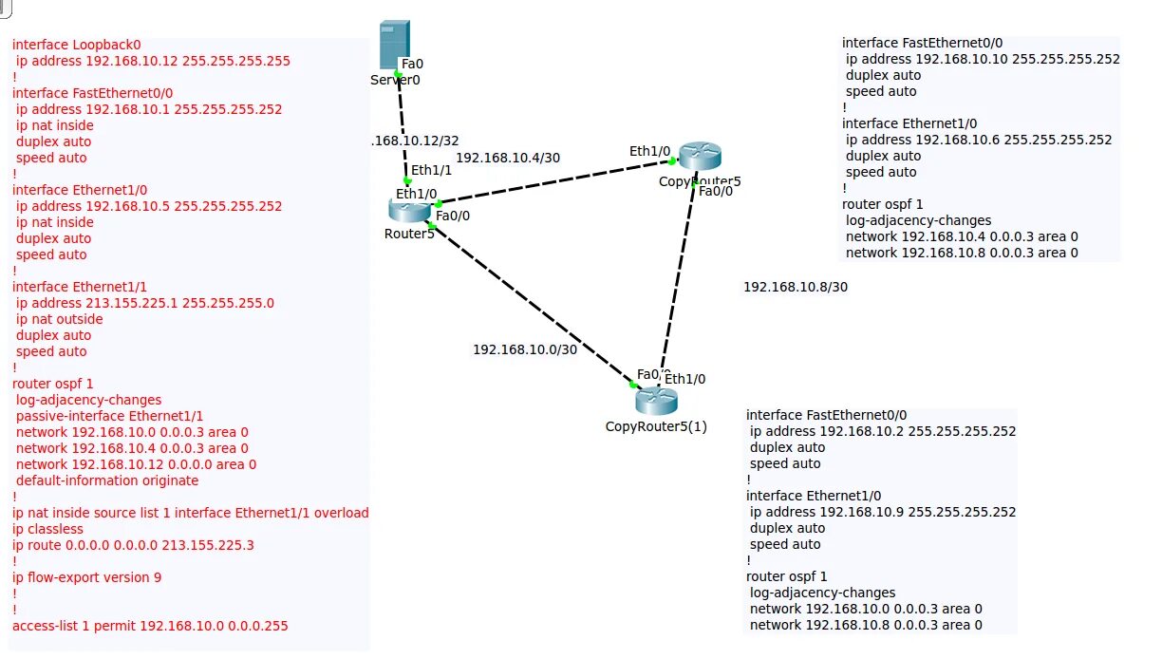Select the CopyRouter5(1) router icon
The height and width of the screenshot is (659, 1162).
[656, 401]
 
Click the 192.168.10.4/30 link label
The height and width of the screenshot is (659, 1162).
[508, 158]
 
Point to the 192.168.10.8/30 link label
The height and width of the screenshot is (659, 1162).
[795, 286]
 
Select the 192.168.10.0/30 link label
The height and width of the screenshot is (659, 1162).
[525, 349]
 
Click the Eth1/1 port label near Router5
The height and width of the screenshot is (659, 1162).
[431, 170]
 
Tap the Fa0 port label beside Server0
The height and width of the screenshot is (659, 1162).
[412, 64]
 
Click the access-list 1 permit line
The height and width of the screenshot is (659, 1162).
[150, 626]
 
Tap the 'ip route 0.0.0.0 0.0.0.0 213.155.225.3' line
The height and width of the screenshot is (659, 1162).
[133, 545]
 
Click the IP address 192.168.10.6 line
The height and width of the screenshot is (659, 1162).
[978, 140]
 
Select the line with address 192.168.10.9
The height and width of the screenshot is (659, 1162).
[882, 512]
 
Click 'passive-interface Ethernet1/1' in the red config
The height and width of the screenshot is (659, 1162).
[109, 416]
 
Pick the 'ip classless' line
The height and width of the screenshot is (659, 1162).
[47, 529]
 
